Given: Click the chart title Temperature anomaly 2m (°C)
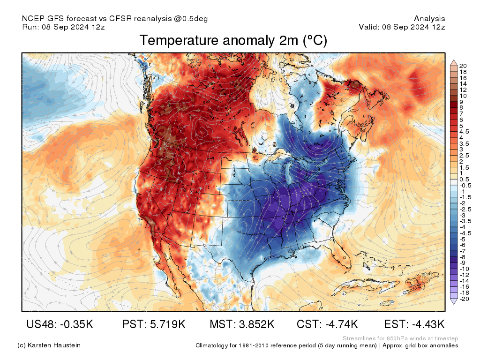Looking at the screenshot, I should click(233, 41).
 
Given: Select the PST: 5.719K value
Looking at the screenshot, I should click(154, 324).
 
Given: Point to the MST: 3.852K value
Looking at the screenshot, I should click(242, 324).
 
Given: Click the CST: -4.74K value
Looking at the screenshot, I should click(328, 324).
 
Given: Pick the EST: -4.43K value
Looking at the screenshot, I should click(414, 324).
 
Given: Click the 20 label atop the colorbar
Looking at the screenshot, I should click(463, 66).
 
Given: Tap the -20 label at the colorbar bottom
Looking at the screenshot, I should click(464, 299).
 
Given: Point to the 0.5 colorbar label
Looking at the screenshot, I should click(464, 179).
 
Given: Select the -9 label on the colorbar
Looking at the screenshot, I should click(463, 262).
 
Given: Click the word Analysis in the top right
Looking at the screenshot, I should click(429, 19).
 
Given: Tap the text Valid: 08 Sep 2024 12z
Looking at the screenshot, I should click(402, 27).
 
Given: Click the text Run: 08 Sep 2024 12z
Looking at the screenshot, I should click(63, 27).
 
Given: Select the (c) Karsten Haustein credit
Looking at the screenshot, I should click(49, 345).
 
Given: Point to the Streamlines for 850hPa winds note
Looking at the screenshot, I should click(400, 338).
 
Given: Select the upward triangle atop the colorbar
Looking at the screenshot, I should click(454, 62).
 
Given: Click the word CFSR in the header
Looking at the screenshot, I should click(121, 19).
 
